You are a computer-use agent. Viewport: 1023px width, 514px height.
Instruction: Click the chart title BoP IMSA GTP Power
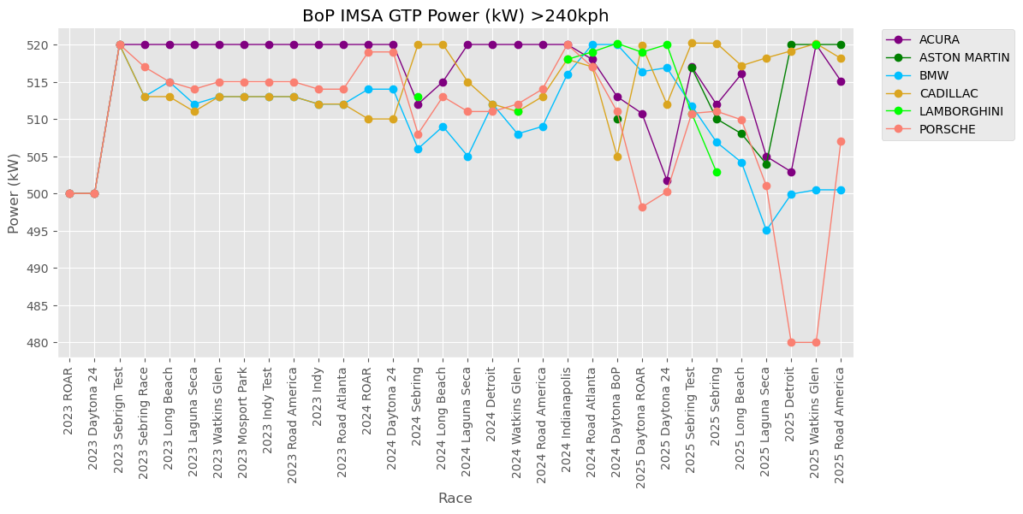pyautogui.click(x=455, y=16)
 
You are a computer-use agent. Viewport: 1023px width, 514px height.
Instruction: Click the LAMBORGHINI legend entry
pyautogui.click(x=953, y=111)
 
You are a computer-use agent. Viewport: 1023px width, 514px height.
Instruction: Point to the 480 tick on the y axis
pyautogui.click(x=46, y=343)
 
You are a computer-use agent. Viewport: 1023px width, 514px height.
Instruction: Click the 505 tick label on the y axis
pyautogui.click(x=46, y=157)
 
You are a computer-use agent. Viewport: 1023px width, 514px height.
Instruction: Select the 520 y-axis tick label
pyautogui.click(x=46, y=45)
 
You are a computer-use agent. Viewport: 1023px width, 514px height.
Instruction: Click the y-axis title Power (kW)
pyautogui.click(x=14, y=193)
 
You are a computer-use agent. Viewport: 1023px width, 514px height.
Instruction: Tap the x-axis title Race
pyautogui.click(x=455, y=499)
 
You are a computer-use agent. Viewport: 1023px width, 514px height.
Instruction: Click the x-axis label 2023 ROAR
pyautogui.click(x=69, y=399)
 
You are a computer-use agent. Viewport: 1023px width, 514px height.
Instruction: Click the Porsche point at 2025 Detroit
pyautogui.click(x=791, y=342)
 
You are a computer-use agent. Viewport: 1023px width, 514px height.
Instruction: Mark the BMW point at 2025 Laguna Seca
pyautogui.click(x=766, y=230)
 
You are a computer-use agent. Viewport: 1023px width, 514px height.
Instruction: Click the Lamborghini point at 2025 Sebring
pyautogui.click(x=717, y=172)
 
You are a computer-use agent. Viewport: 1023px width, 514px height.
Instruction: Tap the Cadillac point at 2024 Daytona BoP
pyautogui.click(x=617, y=157)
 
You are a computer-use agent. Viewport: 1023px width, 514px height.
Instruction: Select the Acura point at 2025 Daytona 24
pyautogui.click(x=667, y=180)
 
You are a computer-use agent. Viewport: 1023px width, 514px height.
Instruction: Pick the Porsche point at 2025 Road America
pyautogui.click(x=841, y=141)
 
